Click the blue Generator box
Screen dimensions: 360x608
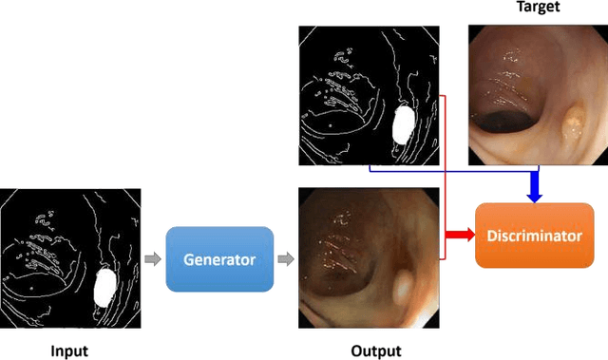point(219,257)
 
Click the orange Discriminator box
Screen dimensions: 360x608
point(533,235)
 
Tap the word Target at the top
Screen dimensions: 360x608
point(538,8)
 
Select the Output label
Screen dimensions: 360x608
point(375,351)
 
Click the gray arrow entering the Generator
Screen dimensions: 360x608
point(152,257)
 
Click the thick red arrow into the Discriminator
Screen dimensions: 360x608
point(460,235)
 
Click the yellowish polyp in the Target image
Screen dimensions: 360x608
point(574,122)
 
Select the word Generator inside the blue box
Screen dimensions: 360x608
point(219,257)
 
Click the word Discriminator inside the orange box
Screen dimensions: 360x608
point(533,235)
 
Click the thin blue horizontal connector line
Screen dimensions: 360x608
point(446,170)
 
